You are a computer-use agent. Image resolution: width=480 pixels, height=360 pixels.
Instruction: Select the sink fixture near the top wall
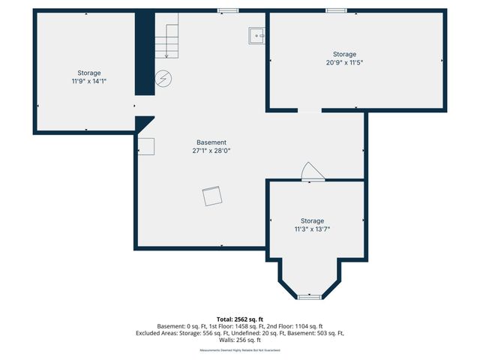click(x=257, y=34)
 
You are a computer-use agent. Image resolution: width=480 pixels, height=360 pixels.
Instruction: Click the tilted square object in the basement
click(x=212, y=196)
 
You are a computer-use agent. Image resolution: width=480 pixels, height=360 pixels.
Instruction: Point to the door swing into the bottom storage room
click(x=310, y=172)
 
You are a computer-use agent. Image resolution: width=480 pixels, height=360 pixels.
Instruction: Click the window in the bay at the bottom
click(x=309, y=297)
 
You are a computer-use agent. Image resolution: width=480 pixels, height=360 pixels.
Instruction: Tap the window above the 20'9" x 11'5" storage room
click(x=336, y=10)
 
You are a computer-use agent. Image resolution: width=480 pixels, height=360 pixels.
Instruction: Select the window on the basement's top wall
click(x=227, y=10)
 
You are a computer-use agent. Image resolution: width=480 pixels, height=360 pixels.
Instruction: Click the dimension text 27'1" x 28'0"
click(x=211, y=151)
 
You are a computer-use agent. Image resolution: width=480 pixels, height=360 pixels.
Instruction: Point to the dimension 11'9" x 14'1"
click(x=88, y=81)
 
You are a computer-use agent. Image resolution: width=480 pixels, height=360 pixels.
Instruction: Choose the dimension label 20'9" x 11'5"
click(x=344, y=63)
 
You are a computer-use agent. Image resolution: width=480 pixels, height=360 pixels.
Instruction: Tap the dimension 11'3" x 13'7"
click(x=312, y=229)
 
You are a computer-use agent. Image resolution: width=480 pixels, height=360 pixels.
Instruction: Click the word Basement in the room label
click(x=211, y=142)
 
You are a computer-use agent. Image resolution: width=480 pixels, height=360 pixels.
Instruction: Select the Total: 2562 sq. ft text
click(x=240, y=319)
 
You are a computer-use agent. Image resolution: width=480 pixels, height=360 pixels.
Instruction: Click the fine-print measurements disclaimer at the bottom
click(x=240, y=350)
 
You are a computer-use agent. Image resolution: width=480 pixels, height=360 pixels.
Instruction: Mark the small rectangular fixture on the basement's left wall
click(x=146, y=147)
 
